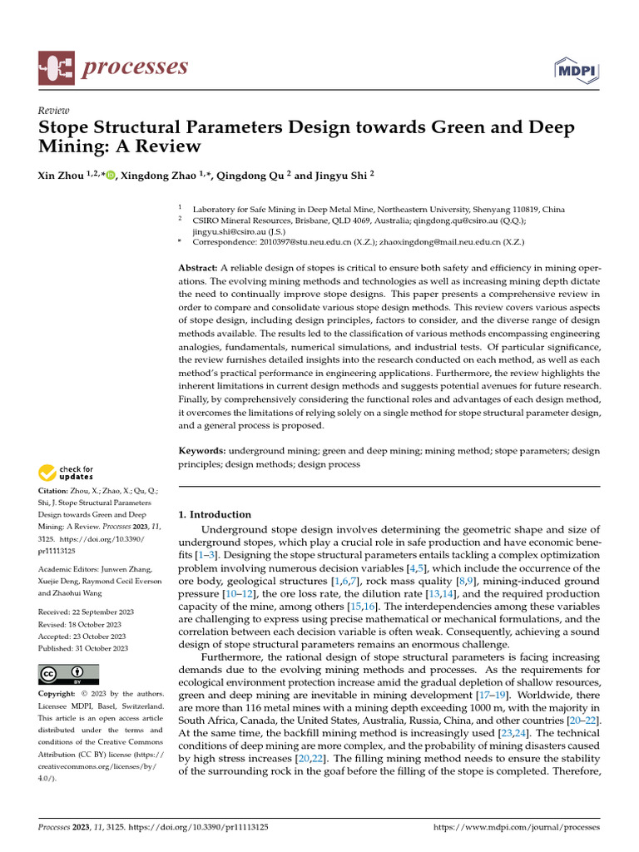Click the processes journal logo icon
[x=57, y=67]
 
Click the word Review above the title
[x=54, y=111]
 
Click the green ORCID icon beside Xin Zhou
[x=110, y=175]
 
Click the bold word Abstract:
[x=199, y=268]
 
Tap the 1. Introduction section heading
[x=215, y=514]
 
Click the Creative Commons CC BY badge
[x=69, y=673]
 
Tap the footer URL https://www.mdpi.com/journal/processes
[x=517, y=828]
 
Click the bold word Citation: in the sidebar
[x=56, y=493]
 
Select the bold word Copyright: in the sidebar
[x=59, y=694]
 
